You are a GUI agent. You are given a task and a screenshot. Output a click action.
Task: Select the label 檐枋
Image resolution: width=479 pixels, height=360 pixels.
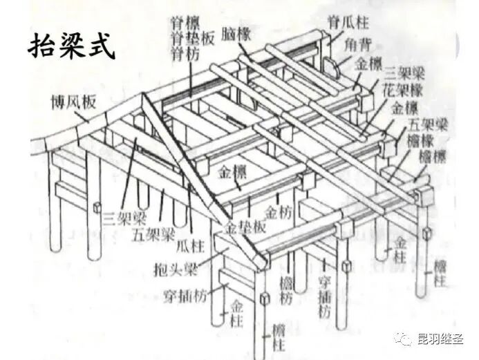pyautogui.click(x=286, y=290)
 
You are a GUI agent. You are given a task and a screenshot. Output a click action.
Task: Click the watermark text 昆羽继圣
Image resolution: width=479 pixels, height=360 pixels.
pyautogui.click(x=440, y=339)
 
